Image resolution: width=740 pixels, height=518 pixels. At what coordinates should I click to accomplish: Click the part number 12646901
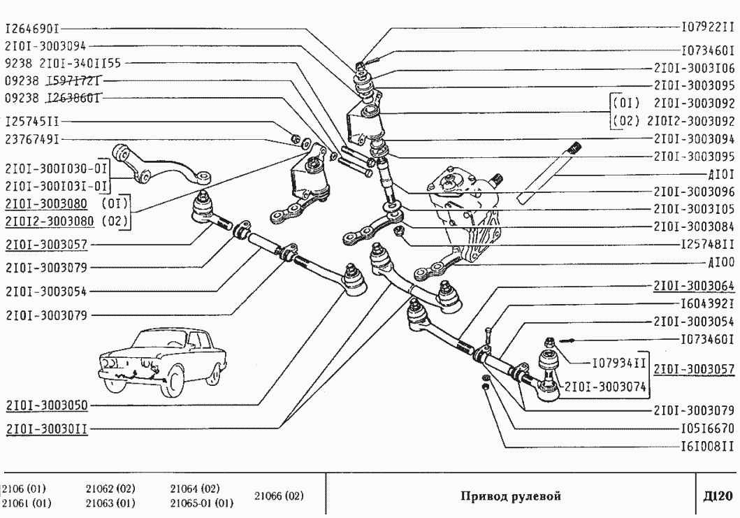tap(32, 30)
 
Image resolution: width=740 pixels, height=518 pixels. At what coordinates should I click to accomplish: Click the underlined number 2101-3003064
tap(694, 286)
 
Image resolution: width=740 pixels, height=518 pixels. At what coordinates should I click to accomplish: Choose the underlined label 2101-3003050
tap(46, 405)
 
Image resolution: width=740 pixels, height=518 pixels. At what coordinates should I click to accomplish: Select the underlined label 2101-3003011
tap(46, 429)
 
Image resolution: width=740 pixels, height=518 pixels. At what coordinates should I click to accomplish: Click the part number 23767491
tap(32, 139)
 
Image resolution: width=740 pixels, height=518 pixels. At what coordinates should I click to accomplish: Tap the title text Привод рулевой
tap(511, 496)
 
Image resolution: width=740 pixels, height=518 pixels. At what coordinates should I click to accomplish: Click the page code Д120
tap(717, 496)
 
